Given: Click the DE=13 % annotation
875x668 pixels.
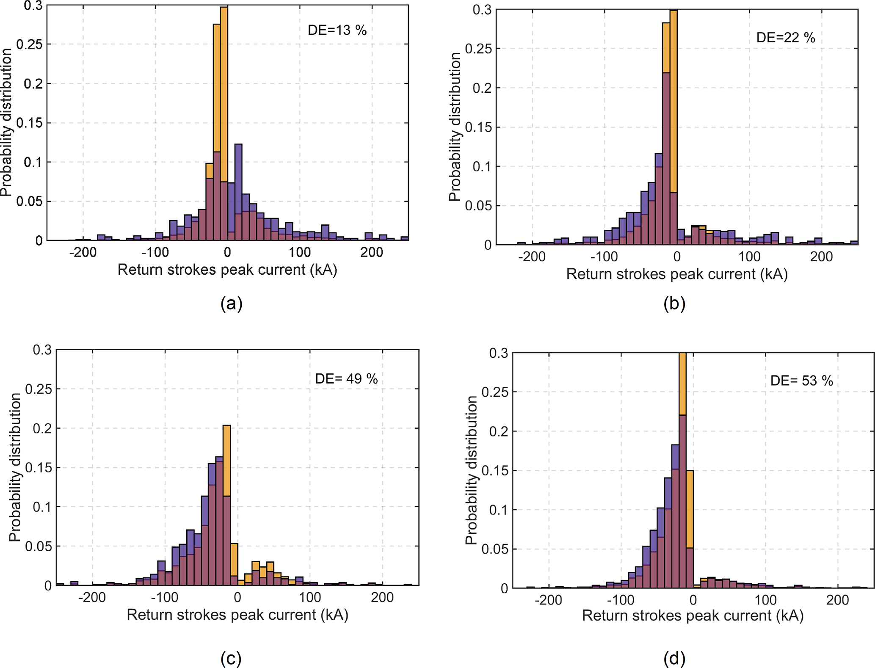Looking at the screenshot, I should (337, 30).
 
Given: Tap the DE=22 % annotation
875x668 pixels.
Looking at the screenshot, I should (785, 38).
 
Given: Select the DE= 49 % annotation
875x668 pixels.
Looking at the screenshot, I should (346, 378).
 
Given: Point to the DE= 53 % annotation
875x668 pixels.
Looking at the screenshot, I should (801, 381).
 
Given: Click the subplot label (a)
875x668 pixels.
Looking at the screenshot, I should (231, 304).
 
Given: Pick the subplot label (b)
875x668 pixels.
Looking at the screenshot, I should (674, 304).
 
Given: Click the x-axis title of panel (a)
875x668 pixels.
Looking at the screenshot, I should (227, 270).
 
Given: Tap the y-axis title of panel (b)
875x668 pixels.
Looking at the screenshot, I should (455, 127).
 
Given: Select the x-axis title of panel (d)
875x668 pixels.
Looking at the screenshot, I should (693, 615).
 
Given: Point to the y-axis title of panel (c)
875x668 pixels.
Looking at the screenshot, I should (15, 467).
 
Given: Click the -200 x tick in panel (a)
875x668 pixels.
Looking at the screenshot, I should (83, 252).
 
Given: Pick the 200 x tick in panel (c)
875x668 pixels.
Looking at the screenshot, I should (382, 597).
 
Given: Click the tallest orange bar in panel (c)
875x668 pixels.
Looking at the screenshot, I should (226, 461).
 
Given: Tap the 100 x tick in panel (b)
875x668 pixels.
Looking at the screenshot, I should (749, 257).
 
